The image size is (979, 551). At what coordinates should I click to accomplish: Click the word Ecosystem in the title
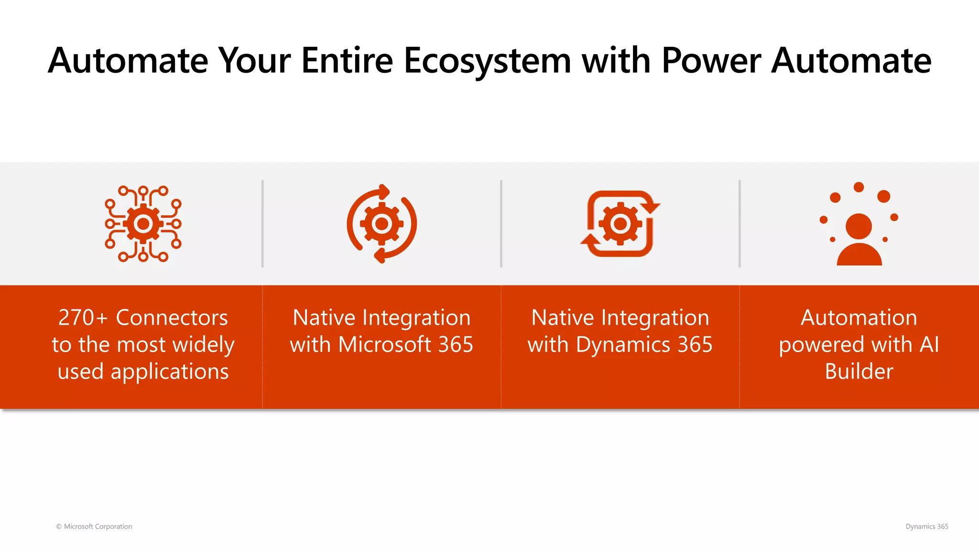[x=488, y=61]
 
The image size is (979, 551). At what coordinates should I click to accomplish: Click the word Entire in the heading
[x=347, y=61]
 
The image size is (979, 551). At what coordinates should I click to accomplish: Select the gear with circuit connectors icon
[x=143, y=223]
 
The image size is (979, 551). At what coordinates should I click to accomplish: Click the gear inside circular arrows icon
[x=381, y=223]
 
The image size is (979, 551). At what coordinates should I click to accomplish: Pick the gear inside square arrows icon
[x=620, y=223]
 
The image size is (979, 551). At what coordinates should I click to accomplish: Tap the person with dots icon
[x=859, y=225]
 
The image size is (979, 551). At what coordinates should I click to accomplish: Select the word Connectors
[x=172, y=318]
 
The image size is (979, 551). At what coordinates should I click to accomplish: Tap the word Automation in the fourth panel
[x=859, y=318]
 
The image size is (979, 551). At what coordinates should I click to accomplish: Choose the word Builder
[x=859, y=372]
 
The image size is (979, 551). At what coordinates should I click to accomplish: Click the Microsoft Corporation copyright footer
[x=94, y=527]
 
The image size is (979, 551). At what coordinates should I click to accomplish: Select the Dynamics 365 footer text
[x=926, y=527]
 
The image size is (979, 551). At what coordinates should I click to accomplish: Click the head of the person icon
[x=859, y=226]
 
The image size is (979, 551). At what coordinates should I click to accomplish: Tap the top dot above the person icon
[x=859, y=187]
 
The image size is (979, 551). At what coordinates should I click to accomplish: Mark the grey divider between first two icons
[x=262, y=223]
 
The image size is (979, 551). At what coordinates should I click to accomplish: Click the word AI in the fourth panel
[x=929, y=345]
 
